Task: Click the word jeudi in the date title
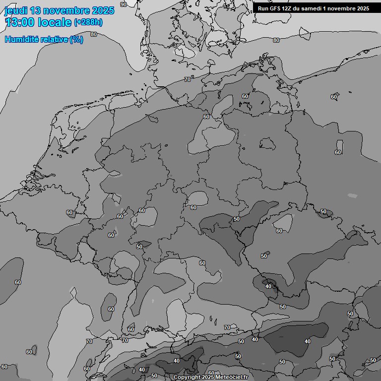tap(15, 10)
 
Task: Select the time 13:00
tap(20, 22)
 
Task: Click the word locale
tap(54, 22)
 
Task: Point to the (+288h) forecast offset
tap(88, 22)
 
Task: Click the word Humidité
tap(20, 39)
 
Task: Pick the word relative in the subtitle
tap(52, 39)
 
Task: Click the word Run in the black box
tap(263, 8)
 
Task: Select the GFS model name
tap(276, 8)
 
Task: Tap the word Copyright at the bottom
tap(187, 377)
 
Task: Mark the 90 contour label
tap(124, 4)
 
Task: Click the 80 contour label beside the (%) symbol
tap(94, 34)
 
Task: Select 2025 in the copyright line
tap(207, 377)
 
